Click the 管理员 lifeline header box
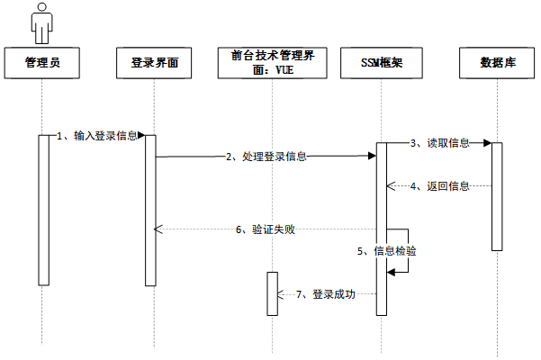coord(42,62)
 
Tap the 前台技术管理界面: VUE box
coord(271,62)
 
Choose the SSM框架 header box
coord(382,62)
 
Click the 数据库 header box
coord(498,62)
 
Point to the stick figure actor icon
coord(41,22)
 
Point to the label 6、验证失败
coord(266,229)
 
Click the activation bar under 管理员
coord(42,210)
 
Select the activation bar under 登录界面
coord(149,210)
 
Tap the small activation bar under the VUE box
coord(271,292)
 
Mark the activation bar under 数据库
coord(497,195)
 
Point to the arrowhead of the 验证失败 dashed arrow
coord(159,229)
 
